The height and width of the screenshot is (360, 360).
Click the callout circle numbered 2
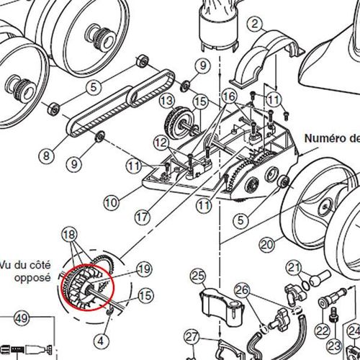[x=253, y=24]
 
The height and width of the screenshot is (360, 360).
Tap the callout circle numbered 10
[x=110, y=203]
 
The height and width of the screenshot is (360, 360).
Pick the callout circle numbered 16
[x=228, y=96]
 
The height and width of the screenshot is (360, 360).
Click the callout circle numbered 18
[x=69, y=235]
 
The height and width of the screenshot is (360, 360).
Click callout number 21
[x=293, y=269]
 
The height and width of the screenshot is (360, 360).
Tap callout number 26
[x=241, y=290]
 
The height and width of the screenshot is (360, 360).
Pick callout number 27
[x=191, y=337]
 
